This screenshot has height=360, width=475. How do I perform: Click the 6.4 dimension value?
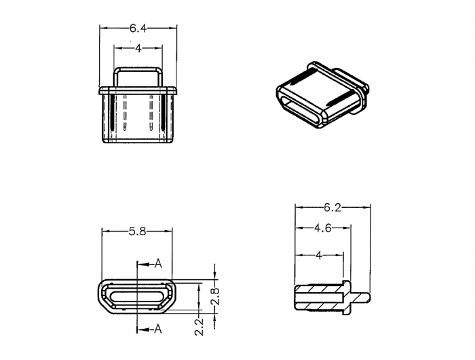(138, 29)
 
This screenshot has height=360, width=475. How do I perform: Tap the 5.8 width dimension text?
(137, 232)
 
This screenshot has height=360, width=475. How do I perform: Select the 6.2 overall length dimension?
(332, 207)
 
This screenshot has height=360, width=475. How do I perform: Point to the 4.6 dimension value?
(323, 228)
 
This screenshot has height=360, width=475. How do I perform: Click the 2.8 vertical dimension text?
(215, 296)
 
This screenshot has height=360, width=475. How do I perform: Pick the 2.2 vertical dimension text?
(199, 327)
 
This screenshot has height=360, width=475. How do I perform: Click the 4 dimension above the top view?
(138, 48)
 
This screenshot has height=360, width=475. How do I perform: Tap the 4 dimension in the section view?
(319, 255)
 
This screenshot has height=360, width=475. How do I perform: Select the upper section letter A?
(158, 264)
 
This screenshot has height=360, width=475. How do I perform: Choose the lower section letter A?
(158, 329)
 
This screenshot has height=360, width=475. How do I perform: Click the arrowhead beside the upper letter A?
(143, 264)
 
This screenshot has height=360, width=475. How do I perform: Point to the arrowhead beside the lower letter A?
(143, 329)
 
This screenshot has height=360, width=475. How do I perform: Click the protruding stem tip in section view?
(368, 298)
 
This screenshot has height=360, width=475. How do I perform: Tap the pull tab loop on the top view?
(138, 69)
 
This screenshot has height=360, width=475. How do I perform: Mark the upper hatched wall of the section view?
(319, 289)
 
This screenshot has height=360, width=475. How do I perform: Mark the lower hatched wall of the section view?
(319, 306)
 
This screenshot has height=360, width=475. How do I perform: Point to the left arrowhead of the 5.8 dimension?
(106, 232)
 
